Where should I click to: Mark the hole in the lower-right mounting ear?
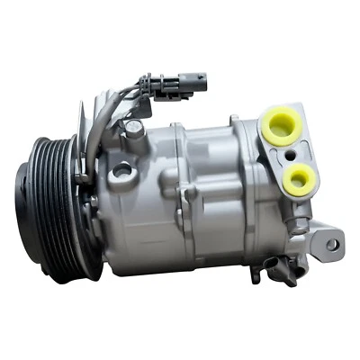click(x=331, y=244)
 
